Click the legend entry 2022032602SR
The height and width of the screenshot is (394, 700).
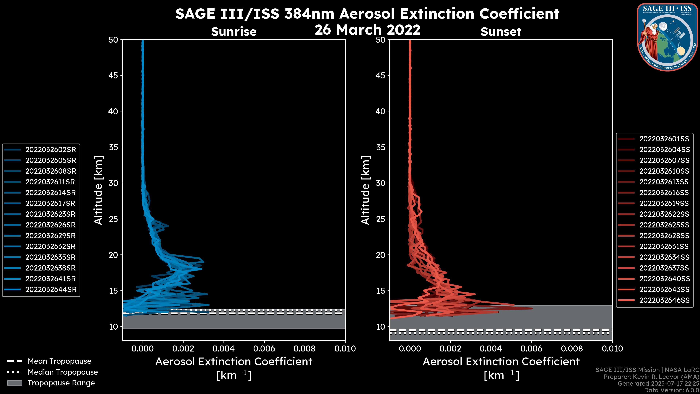(x=50, y=150)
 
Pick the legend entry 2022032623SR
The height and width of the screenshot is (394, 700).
(x=50, y=214)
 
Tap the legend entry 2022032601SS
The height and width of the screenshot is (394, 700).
(x=664, y=139)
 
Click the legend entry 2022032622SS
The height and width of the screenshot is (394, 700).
(x=664, y=214)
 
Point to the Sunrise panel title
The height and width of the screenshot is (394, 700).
(x=234, y=32)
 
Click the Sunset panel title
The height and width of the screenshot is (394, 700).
(x=501, y=32)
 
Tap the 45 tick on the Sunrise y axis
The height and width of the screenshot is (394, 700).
(x=114, y=75)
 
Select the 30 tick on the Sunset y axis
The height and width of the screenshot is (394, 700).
(x=381, y=183)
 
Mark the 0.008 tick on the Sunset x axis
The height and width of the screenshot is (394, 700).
(x=572, y=349)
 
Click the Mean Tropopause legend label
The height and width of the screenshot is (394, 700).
(x=59, y=361)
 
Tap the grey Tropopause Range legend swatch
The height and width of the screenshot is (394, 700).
(x=14, y=383)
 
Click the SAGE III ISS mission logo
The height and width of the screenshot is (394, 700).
(x=667, y=37)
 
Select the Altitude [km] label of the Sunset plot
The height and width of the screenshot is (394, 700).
(x=365, y=190)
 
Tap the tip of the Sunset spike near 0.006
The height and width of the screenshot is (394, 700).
(x=532, y=308)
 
